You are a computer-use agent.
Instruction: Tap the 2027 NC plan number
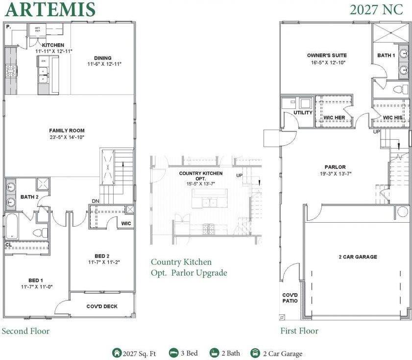(x=376, y=9)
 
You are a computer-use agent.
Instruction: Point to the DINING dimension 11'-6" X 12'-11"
(x=104, y=64)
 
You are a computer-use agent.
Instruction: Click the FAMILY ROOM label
(x=67, y=130)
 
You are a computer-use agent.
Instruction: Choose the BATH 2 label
(x=29, y=197)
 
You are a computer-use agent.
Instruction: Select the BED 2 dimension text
(x=103, y=262)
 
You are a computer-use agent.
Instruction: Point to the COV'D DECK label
(x=102, y=307)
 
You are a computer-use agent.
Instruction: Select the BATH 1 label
(x=386, y=55)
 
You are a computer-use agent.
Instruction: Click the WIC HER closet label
(x=334, y=118)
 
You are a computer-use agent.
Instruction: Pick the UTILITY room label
(x=303, y=113)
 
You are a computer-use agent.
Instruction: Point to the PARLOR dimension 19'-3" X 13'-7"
(x=335, y=173)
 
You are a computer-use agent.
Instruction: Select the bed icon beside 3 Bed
(x=173, y=353)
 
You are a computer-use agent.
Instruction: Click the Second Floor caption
(x=25, y=331)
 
